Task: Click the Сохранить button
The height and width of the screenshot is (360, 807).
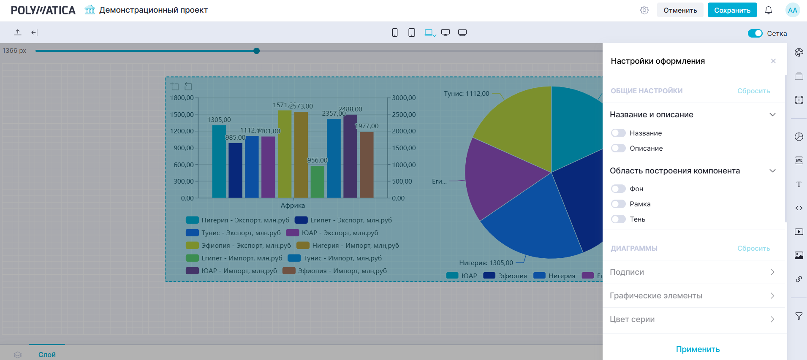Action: pos(732,10)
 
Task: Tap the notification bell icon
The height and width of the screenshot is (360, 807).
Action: pos(768,10)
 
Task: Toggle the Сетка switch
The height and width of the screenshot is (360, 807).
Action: pos(755,33)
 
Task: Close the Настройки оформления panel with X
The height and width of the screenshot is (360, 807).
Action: pos(773,61)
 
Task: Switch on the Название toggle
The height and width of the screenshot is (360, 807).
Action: pos(618,133)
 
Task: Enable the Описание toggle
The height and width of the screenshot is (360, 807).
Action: pos(618,148)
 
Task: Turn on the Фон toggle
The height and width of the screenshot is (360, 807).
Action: pos(618,189)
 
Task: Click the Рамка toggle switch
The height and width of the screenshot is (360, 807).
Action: pos(618,204)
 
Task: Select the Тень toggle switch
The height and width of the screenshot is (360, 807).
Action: pos(618,219)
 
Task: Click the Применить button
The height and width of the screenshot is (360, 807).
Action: pos(698,349)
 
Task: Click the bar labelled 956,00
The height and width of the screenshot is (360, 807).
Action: pos(317,182)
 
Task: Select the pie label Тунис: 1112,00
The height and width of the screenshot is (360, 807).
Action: pos(466,94)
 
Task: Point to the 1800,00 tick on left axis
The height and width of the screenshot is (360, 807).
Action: pos(182,98)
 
